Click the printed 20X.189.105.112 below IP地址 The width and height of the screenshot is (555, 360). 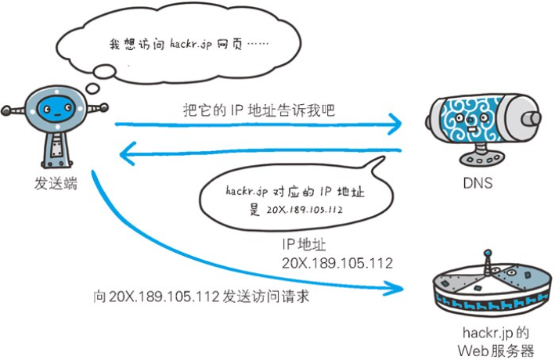pyautogui.click(x=337, y=263)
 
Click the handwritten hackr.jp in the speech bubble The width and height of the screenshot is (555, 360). pyautogui.click(x=247, y=189)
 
